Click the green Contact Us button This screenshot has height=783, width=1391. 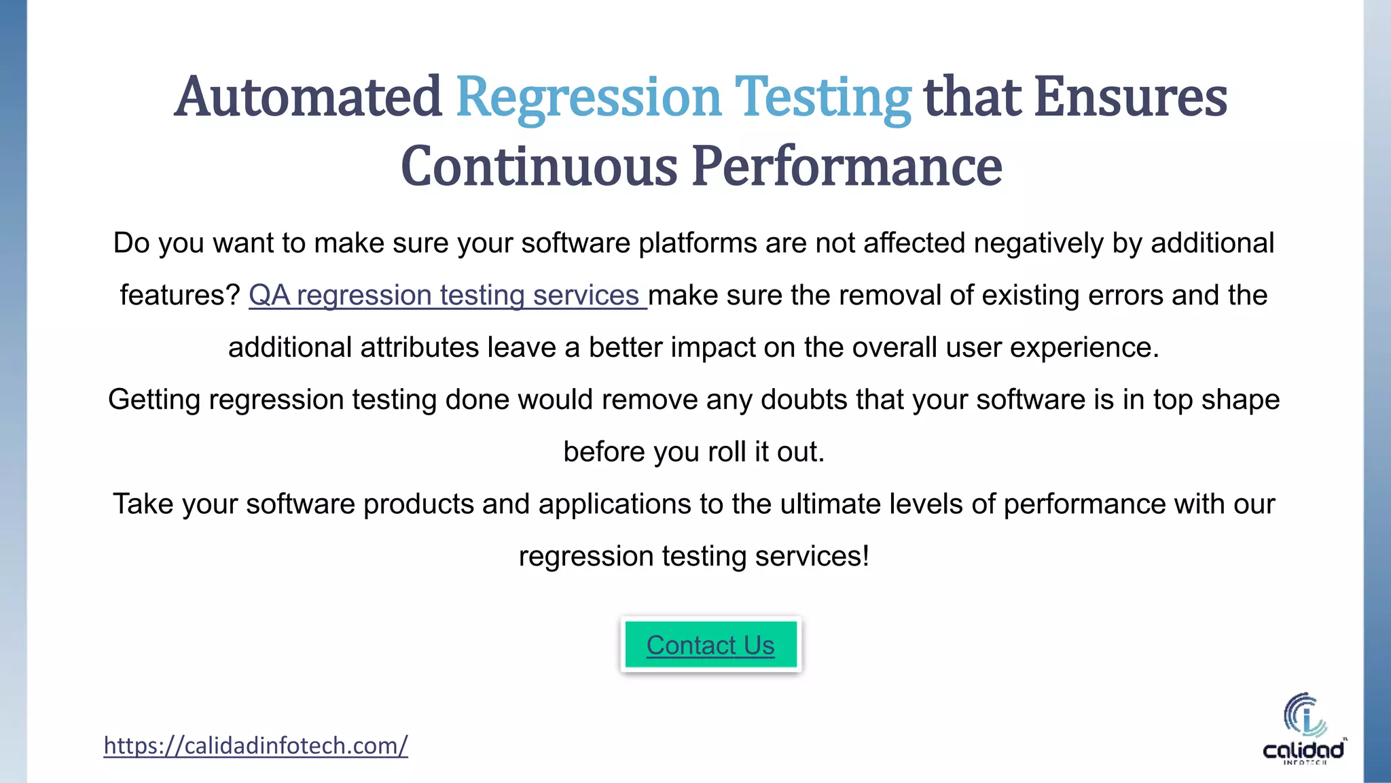pos(710,644)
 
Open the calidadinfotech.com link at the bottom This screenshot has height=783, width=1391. pos(255,746)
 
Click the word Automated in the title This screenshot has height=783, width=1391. pos(308,97)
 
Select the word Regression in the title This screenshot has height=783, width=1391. pos(588,97)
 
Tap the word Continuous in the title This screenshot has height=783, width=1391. pos(539,166)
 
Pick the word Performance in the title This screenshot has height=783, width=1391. pos(847,166)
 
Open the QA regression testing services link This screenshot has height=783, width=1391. pos(447,296)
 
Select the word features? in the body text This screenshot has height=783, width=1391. pos(180,296)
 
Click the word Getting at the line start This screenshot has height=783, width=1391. pos(154,400)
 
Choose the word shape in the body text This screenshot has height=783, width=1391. pos(1240,400)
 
